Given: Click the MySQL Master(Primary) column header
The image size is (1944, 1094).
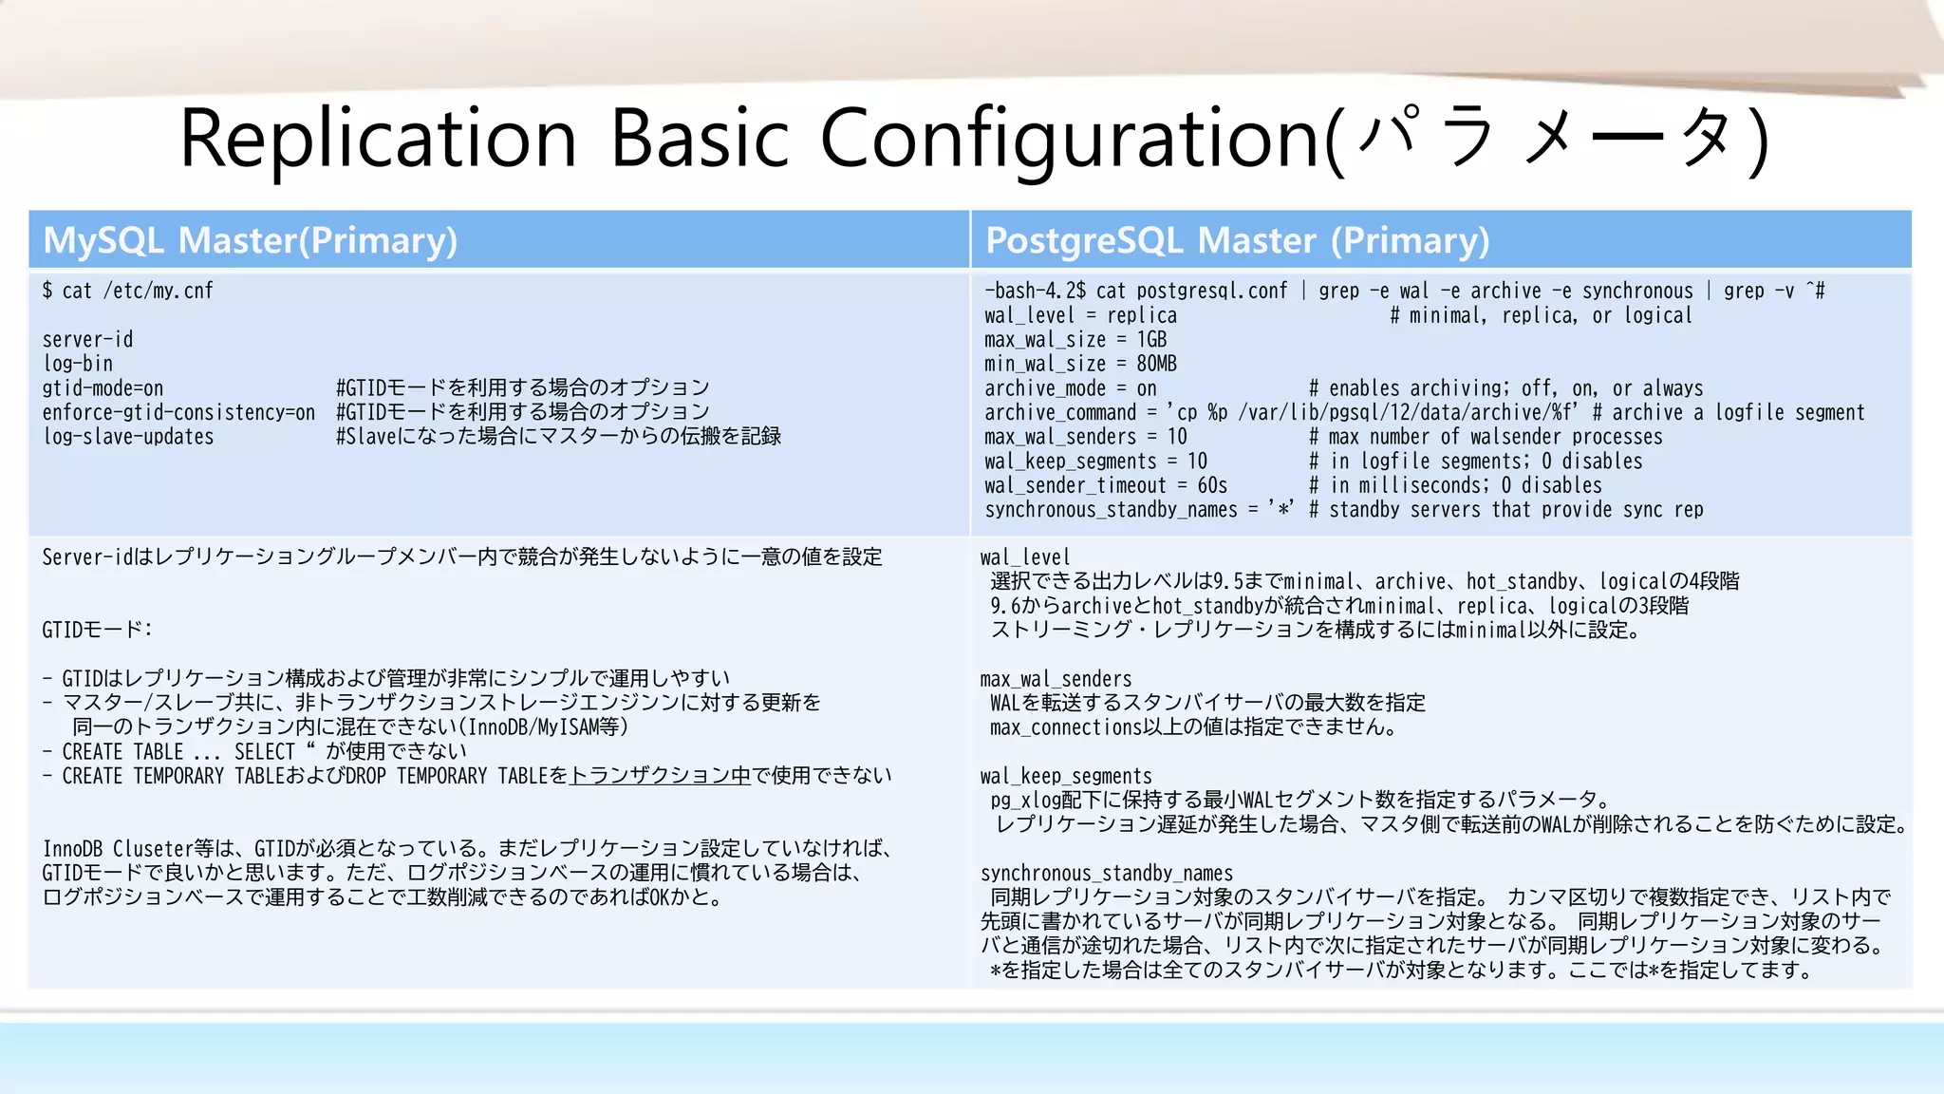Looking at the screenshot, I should pos(251,240).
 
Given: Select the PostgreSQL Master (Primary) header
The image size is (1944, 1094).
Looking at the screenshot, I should pos(1237,240).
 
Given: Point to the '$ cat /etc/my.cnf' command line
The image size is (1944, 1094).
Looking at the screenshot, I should pos(128,291).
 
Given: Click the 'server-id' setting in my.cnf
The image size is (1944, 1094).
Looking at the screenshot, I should pos(87,339).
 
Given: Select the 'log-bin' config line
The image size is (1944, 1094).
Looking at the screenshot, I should pos(78,364).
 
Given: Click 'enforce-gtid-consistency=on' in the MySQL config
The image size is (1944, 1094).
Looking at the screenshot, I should pos(178,412).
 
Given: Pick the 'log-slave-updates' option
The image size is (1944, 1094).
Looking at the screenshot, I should pos(128,437).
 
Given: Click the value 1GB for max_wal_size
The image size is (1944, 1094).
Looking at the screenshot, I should pos(1151,339).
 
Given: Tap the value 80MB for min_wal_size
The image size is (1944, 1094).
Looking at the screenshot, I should pos(1156,364).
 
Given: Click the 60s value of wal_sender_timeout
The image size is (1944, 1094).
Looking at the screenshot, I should pos(1212,485).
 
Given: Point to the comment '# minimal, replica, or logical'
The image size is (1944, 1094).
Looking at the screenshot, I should pos(1541,315).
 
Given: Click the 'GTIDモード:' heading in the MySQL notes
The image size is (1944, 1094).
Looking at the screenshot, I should pos(97,630).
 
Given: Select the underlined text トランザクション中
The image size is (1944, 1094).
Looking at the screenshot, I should pos(660,776).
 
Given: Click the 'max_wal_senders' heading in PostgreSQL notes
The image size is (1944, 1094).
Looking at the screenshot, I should pos(1056,679).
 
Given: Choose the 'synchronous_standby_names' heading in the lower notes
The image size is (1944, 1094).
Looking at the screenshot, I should pos(1106,873).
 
